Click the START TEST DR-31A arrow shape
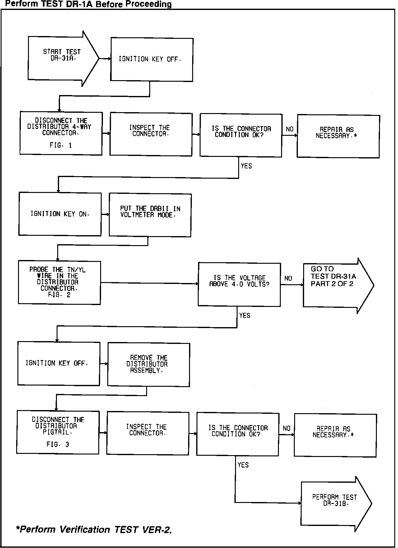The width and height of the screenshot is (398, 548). [62, 58]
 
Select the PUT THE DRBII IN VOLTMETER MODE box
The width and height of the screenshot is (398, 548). [150, 215]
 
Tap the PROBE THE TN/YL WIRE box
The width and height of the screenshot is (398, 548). [59, 282]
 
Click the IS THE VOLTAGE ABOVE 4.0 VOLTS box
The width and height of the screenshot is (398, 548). [239, 284]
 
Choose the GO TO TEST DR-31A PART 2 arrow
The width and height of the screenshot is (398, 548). [336, 285]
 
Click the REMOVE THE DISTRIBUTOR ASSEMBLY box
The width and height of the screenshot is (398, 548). [148, 365]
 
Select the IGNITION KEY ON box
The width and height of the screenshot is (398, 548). [60, 214]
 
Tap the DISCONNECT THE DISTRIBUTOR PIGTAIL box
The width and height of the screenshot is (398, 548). [58, 432]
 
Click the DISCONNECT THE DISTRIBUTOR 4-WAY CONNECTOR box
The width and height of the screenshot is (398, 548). [61, 134]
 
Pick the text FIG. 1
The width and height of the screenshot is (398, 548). [61, 145]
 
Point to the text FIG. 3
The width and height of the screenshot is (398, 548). [58, 445]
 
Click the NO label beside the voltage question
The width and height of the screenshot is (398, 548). [288, 278]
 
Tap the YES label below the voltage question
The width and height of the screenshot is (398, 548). [245, 316]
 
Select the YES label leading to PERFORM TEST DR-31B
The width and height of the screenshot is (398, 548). [243, 465]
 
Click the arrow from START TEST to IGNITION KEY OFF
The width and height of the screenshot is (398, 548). [105, 59]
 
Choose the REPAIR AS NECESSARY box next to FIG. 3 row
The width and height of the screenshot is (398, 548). [335, 435]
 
